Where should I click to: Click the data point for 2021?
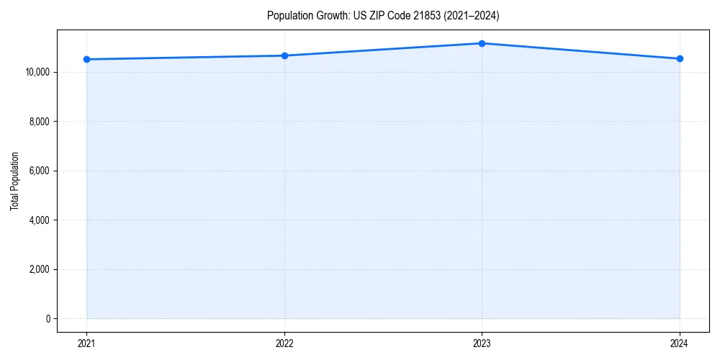pyautogui.click(x=86, y=59)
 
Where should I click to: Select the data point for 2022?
pyautogui.click(x=284, y=55)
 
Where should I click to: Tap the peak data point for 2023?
pyautogui.click(x=482, y=43)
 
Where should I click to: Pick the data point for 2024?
pyautogui.click(x=680, y=58)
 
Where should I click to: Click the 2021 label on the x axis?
pyautogui.click(x=86, y=343)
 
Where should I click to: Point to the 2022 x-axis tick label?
pyautogui.click(x=284, y=343)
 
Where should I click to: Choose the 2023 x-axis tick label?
pyautogui.click(x=482, y=343)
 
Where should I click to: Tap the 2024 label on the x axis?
pyautogui.click(x=680, y=343)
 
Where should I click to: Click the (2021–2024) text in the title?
pyautogui.click(x=473, y=15)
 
